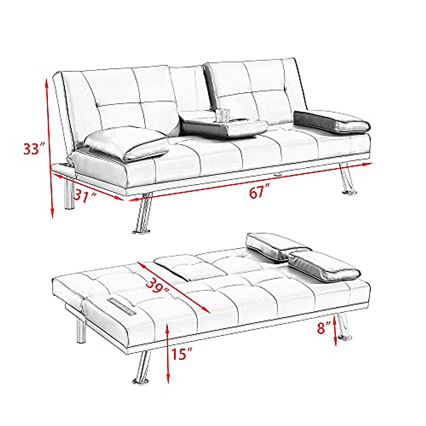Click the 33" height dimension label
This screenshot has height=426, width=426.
tap(34, 148)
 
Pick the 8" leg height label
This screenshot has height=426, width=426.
tap(324, 327)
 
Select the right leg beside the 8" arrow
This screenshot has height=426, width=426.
tap(343, 327)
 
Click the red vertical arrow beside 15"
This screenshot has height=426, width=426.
tap(168, 353)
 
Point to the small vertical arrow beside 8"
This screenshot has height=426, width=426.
tap(335, 328)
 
